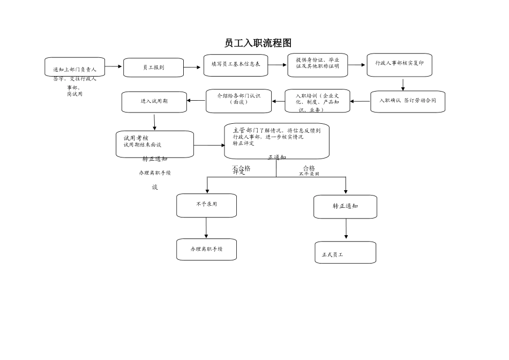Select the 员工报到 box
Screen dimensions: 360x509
[x=153, y=67]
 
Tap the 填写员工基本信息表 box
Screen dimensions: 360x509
[x=236, y=65]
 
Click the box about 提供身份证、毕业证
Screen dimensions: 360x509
[x=317, y=65]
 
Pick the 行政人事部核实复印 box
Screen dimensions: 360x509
[x=399, y=64]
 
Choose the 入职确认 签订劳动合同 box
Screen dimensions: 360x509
[x=407, y=101]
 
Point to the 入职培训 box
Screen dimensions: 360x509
[x=317, y=101]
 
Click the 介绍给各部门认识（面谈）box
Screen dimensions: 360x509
[x=238, y=101]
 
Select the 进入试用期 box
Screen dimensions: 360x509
[x=154, y=102]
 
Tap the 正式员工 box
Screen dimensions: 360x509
[x=345, y=253]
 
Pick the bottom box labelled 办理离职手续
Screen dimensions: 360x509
[x=206, y=250]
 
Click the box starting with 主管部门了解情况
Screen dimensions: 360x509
[x=276, y=140]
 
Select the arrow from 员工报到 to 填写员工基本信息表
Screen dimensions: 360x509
[x=192, y=67]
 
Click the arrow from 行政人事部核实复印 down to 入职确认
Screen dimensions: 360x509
[x=403, y=84]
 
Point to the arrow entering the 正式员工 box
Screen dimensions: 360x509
[x=346, y=229]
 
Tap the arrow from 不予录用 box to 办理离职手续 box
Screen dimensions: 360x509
[x=206, y=228]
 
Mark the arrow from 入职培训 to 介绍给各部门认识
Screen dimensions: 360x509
[x=279, y=101]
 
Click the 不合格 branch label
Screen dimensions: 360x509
[x=241, y=168]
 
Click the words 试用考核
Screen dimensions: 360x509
[x=136, y=138]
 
